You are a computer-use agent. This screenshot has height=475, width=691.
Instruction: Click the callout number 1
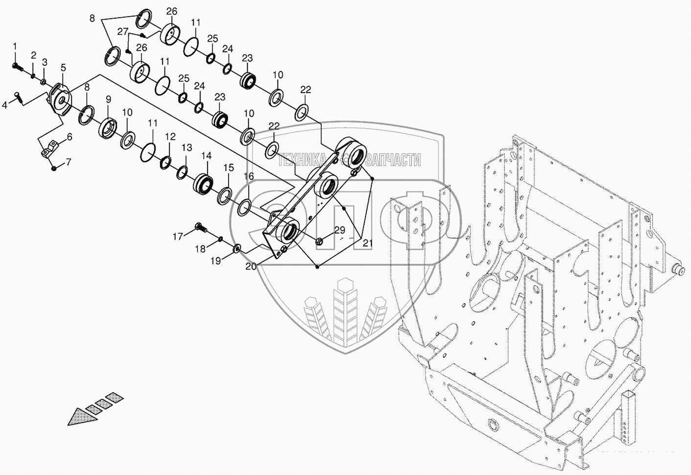(15, 46)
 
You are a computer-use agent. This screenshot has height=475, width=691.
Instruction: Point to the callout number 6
(69, 138)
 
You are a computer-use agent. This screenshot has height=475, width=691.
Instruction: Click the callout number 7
(68, 161)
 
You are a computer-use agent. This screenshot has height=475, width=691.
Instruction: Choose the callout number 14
(207, 156)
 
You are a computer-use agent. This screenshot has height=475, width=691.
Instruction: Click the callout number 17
(177, 237)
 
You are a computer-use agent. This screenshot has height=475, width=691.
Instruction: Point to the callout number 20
(251, 266)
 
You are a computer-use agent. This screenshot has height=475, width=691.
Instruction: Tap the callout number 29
(340, 230)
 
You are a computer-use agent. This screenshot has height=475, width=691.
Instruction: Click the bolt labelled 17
(201, 227)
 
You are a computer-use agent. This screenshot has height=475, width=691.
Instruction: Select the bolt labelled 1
(16, 65)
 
